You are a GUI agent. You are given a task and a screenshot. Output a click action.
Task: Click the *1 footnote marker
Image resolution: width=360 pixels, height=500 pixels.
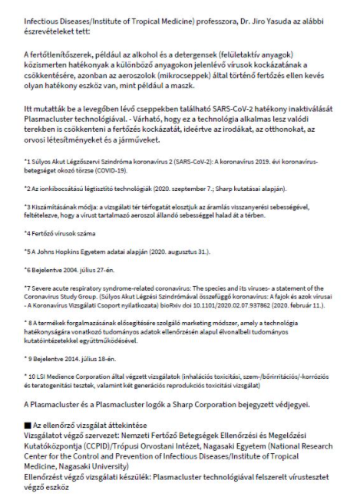[x=31, y=163]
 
